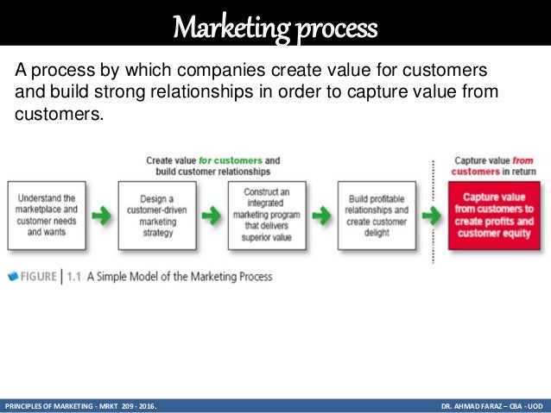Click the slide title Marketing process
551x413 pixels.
click(x=275, y=28)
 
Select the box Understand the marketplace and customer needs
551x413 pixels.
click(x=46, y=215)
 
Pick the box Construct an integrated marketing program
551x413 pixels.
click(x=267, y=215)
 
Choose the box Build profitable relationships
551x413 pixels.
click(x=377, y=215)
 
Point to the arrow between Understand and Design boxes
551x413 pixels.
click(x=101, y=216)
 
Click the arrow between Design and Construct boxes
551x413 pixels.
click(x=212, y=216)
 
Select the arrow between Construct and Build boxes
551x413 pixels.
click(x=322, y=216)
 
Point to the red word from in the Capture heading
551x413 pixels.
click(x=522, y=160)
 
